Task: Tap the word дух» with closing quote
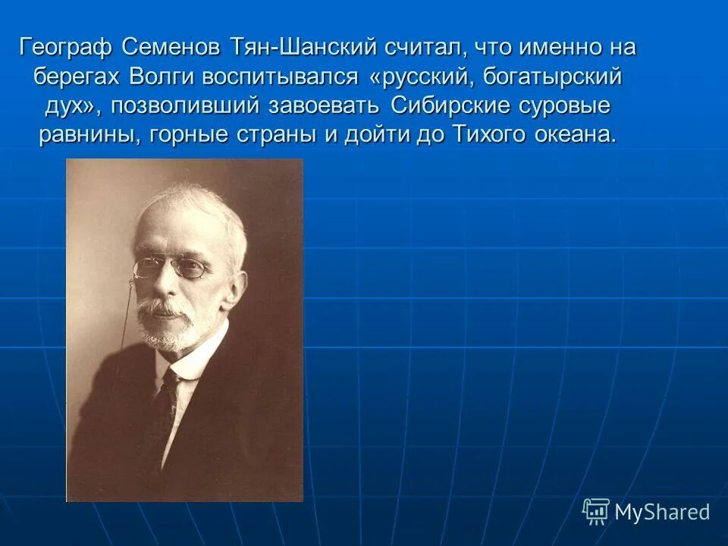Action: click(x=69, y=106)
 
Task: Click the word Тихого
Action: click(x=486, y=135)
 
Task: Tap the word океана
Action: click(x=579, y=135)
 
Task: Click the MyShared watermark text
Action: click(x=662, y=512)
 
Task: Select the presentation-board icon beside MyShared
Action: click(x=596, y=511)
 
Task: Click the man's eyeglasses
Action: click(x=171, y=268)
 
